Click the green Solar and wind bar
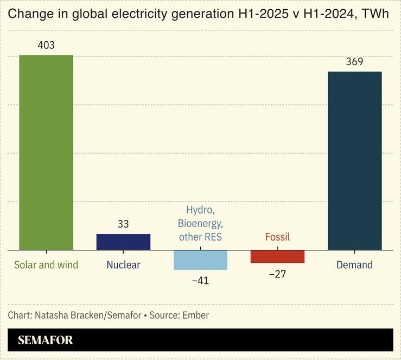coord(46,152)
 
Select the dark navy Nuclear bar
coord(123,242)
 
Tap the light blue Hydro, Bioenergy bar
coord(200,260)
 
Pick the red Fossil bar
coord(277,256)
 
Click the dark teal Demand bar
coord(354,160)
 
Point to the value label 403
coord(46,46)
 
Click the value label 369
coord(354,62)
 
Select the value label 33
coord(123,224)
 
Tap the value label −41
coord(200,281)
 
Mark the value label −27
coord(277,274)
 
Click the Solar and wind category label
coord(46,265)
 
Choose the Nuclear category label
coord(123,265)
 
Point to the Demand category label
coord(354,265)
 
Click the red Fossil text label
coord(277,237)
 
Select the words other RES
coord(200,237)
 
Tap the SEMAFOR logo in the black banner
coord(45,340)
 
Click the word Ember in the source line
coord(196,315)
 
